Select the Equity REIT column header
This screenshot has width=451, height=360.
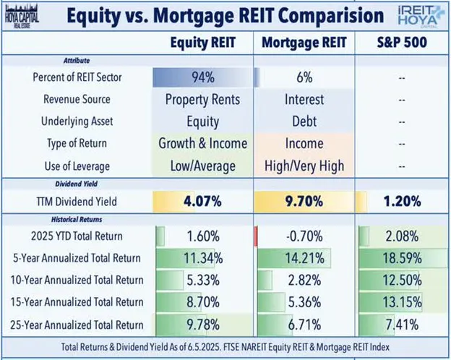202,43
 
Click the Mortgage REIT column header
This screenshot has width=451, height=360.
306,43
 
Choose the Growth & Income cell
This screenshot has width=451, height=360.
202,144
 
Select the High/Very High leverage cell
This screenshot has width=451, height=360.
306,166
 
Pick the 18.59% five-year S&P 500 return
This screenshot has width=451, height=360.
401,258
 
